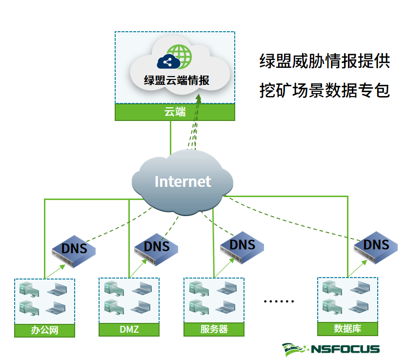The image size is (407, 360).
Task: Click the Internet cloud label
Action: [x=183, y=181]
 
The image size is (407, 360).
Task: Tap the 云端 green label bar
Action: [x=175, y=112]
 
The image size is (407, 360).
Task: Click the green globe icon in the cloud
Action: [x=179, y=56]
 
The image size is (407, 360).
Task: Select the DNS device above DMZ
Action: [x=156, y=246]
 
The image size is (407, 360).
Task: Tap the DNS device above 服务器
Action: [x=242, y=245]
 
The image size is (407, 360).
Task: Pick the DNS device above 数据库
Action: [x=376, y=245]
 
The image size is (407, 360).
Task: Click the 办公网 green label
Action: [x=45, y=331]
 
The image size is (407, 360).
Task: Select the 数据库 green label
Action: [x=347, y=328]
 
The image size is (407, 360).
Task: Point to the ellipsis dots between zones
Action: [x=279, y=301]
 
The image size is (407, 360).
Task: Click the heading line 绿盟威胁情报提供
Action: [x=325, y=61]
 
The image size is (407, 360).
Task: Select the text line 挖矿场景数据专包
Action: [x=325, y=90]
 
